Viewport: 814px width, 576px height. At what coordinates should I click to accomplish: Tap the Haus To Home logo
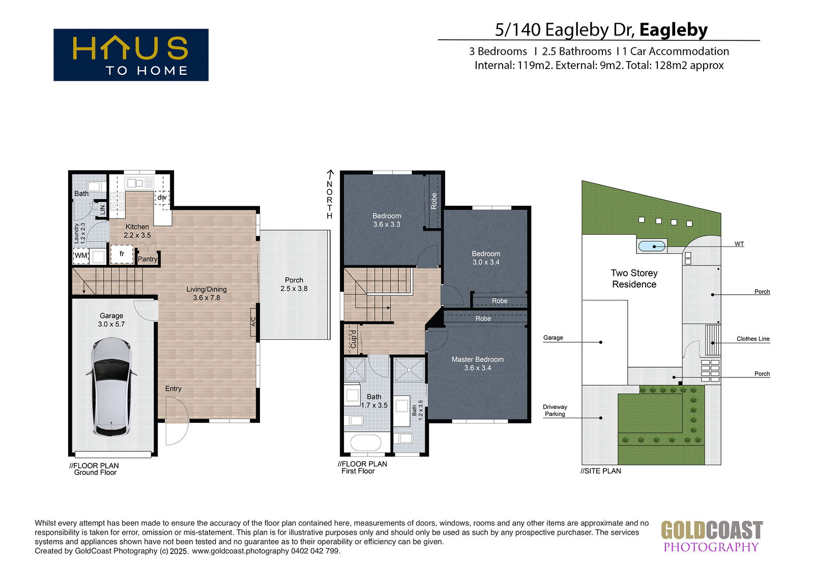pos(131,54)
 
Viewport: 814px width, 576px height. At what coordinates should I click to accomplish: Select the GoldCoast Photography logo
pos(712,536)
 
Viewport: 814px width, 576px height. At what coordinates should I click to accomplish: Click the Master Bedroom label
pos(478,364)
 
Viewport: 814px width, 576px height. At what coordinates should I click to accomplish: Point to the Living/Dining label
pos(207,293)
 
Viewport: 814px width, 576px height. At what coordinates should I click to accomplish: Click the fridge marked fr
pos(122,254)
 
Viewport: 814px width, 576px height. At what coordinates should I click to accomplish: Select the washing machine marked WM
pos(81,256)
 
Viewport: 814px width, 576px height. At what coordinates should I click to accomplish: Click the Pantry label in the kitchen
pos(148,259)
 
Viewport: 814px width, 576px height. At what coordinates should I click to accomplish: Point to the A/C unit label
pos(253,322)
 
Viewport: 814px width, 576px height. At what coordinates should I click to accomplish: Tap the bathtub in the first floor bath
pos(366,443)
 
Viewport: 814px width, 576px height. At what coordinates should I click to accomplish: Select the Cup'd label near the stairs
pos(353,339)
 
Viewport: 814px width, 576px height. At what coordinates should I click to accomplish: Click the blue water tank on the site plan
pos(652,246)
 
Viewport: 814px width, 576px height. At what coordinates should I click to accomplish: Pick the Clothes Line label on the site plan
pos(753,339)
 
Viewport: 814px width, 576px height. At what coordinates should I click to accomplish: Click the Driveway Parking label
pos(555,410)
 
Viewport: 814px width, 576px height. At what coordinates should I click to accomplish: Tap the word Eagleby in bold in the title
pos(674,30)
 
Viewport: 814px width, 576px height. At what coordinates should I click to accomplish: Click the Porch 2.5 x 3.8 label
pos(294,284)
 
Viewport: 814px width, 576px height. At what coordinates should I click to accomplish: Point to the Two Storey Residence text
pos(634,279)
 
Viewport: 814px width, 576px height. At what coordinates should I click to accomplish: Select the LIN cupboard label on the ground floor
pos(102,210)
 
